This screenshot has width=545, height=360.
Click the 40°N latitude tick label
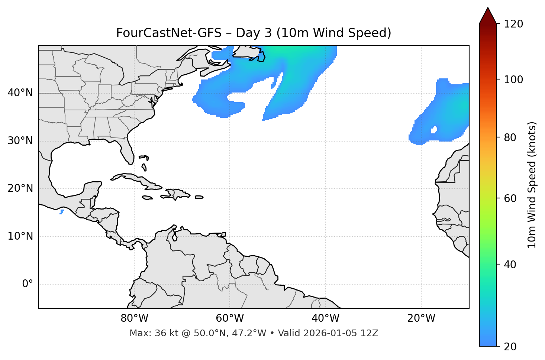tap(20, 93)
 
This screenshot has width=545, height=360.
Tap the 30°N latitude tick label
tap(20, 141)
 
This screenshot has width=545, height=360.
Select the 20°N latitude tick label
tap(20, 188)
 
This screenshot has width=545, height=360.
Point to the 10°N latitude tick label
tap(20, 236)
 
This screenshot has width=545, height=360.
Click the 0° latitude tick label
tap(28, 284)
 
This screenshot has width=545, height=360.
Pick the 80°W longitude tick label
tap(134, 318)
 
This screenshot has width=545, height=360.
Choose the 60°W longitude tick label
tap(230, 318)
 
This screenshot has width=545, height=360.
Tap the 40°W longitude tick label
tap(325, 318)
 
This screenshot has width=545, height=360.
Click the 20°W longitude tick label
tap(421, 318)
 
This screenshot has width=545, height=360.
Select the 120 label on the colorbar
tap(513, 24)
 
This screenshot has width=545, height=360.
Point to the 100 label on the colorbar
tap(513, 80)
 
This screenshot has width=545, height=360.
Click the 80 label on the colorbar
tap(510, 138)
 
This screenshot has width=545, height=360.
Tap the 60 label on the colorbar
tap(510, 198)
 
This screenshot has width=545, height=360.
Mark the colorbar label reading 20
tap(510, 347)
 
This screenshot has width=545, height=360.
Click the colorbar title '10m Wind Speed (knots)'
tap(532, 185)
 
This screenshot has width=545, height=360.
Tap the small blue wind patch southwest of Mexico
tap(62, 212)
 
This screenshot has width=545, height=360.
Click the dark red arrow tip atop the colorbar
tap(488, 15)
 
